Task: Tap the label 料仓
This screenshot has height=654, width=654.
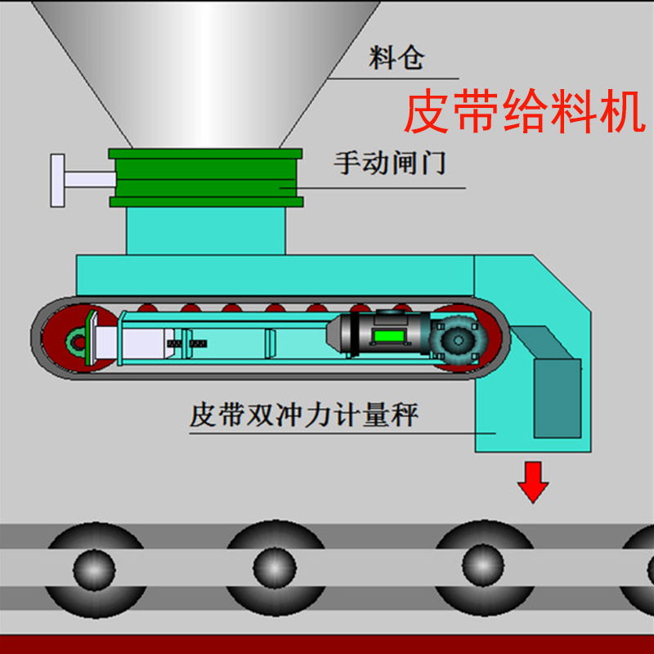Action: (396, 59)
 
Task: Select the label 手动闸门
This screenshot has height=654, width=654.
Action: (389, 162)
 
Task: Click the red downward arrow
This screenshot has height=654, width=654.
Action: (533, 482)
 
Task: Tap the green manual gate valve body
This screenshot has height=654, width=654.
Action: (205, 177)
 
